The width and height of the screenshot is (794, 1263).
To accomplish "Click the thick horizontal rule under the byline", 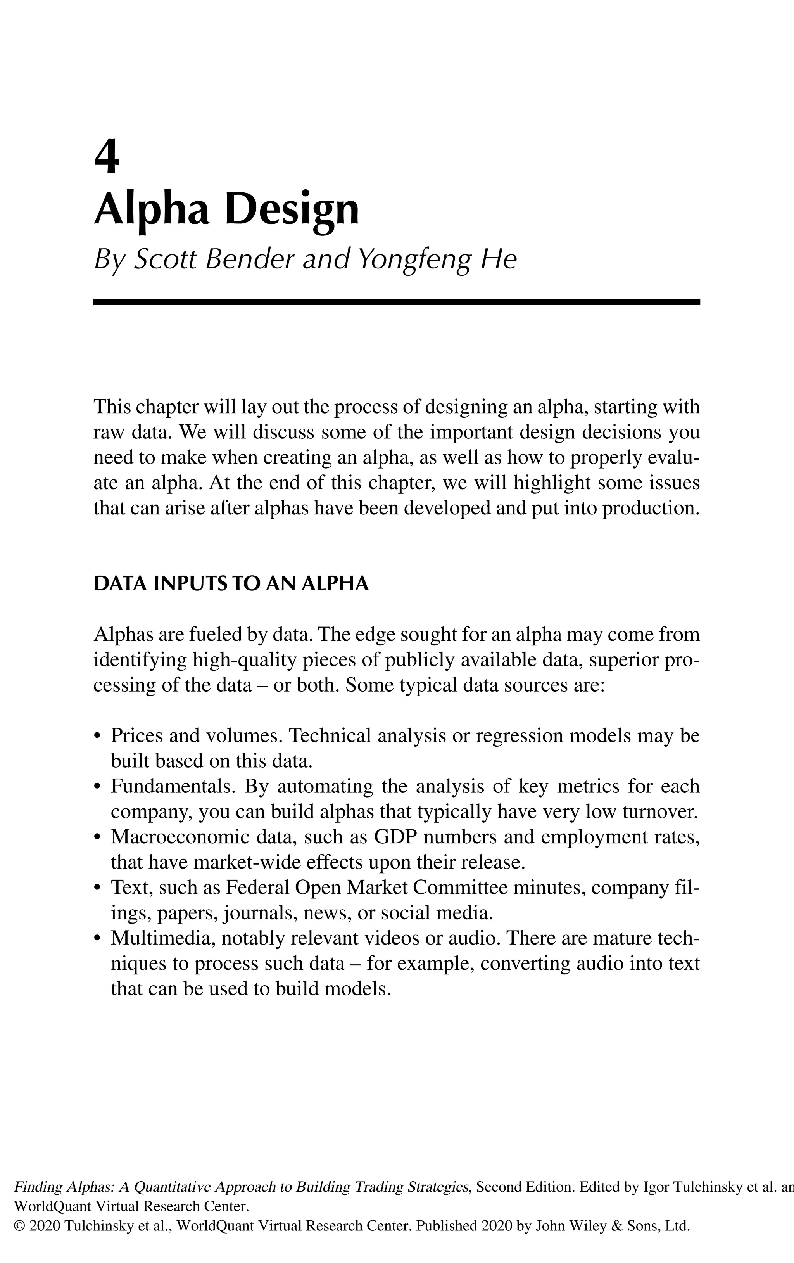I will pos(397,302).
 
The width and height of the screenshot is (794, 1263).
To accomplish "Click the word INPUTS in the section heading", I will pos(188,584).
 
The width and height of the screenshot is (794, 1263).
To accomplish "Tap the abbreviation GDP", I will pos(395,837).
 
